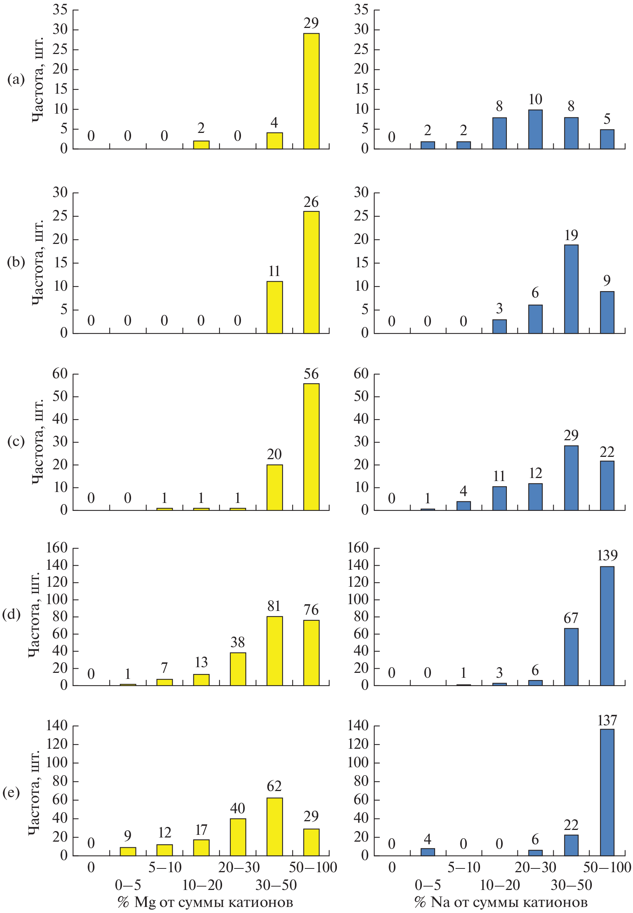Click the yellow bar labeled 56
pos(311,447)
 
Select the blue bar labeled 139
pos(607,626)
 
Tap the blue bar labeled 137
pos(607,792)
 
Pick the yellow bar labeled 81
pos(275,651)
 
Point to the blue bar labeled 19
pos(571,289)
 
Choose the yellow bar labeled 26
pos(311,272)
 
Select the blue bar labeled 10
pos(536,129)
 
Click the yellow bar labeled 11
pos(275,307)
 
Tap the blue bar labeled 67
pos(571,657)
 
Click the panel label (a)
pos(16,80)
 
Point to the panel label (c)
pos(16,441)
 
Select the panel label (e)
pos(11,793)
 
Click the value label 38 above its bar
pos(238,642)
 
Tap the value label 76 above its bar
pos(311,610)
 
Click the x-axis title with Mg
pos(205,902)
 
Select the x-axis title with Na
pos(501,902)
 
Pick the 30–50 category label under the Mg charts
pos(276,885)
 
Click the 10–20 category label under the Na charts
pos(500,885)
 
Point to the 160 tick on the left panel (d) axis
pos(57,548)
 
